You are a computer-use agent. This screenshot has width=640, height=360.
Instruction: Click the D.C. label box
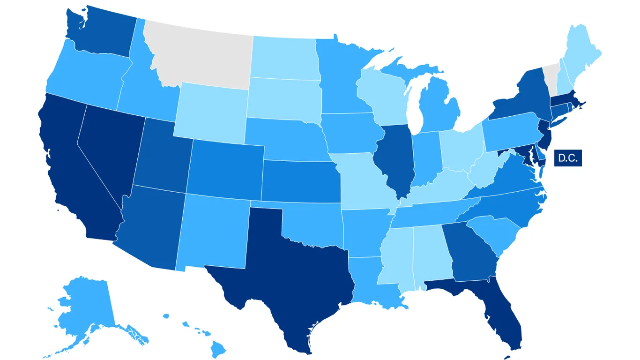click(567, 158)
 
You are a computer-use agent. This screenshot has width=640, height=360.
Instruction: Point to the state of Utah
click(162, 155)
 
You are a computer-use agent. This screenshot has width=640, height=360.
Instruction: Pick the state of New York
click(525, 94)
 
